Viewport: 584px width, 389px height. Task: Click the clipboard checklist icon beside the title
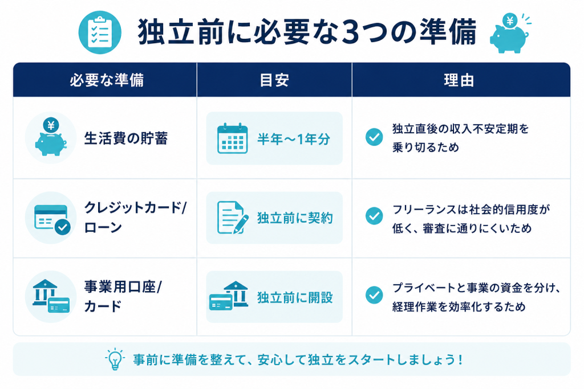tap(100, 32)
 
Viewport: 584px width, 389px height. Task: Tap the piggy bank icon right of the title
tap(510, 34)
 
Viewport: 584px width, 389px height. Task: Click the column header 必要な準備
tap(107, 80)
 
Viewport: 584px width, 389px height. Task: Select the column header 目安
tap(274, 80)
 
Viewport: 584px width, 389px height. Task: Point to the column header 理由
tap(459, 80)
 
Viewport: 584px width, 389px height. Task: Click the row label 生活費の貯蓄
tap(126, 138)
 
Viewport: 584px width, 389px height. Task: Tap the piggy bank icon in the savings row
tap(51, 138)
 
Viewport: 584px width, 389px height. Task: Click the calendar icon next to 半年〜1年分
tap(233, 138)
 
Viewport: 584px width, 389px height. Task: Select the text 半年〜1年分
tap(294, 139)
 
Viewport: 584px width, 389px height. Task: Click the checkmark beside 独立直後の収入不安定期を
tap(374, 137)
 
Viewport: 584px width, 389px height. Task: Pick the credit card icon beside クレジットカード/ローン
tap(51, 218)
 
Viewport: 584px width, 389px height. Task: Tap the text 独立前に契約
tap(295, 218)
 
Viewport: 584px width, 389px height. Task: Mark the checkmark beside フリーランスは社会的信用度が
tap(374, 216)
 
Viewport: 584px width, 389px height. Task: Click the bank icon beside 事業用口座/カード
tap(51, 296)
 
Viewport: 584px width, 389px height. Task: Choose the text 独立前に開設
tap(295, 297)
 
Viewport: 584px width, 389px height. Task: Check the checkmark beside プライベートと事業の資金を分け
tap(374, 295)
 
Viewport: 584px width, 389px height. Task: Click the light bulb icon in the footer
tap(115, 359)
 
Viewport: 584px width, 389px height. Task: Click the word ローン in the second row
tap(103, 227)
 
